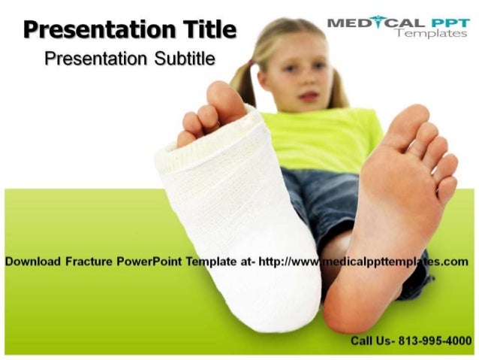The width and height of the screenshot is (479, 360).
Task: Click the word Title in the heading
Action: pos(209,31)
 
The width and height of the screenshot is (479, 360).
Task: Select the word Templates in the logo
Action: pos(431,34)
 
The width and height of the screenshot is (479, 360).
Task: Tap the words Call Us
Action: pos(370,340)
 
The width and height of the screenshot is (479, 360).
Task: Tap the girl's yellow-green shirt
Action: pos(315,139)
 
